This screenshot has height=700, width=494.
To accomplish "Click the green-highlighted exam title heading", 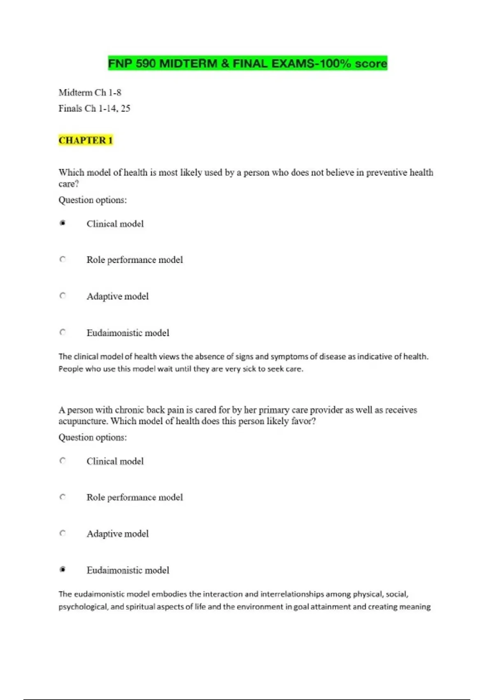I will coord(247,63).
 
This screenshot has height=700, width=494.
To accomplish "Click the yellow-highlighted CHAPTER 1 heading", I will coord(86,140).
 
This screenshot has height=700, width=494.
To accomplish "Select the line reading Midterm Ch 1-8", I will coord(90,92).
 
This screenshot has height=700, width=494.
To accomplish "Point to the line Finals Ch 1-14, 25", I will coord(94,108).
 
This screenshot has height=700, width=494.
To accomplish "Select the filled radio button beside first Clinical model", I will coord(63,223).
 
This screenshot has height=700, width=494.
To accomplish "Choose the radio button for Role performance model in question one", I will coord(63,259).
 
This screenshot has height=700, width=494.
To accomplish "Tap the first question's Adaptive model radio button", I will coord(63,296).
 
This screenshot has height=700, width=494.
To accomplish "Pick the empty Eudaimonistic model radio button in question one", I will coord(63,332).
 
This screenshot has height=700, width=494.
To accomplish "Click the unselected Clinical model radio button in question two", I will coord(63,461).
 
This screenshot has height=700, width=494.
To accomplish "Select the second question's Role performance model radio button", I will coord(63,497).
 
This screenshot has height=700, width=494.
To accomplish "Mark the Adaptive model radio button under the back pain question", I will coord(63,533).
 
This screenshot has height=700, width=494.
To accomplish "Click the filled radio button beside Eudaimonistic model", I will coord(63,569).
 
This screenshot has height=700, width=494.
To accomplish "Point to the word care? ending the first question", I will coord(68,184).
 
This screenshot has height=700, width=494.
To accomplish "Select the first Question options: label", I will coord(93,200).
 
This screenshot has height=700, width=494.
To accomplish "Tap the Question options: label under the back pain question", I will coord(93,437).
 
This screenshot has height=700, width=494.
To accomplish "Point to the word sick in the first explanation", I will coord(249,369).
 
